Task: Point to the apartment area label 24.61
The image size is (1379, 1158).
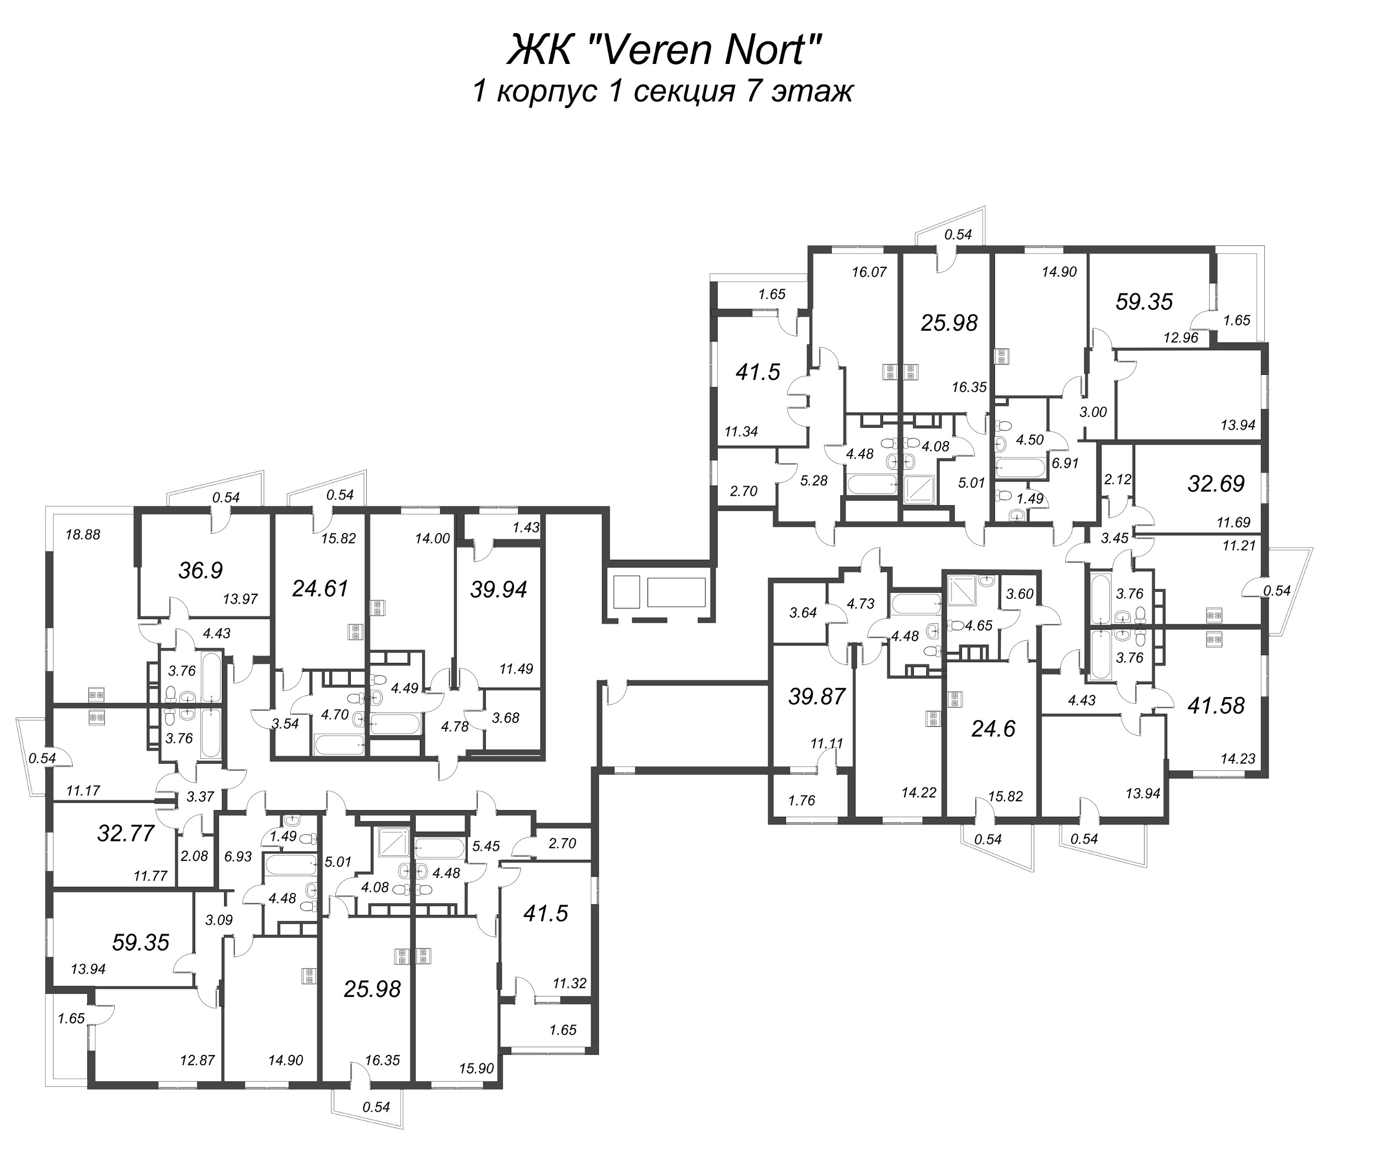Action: (x=320, y=588)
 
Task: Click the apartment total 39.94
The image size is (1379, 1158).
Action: (x=499, y=589)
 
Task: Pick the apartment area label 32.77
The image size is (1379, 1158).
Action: (x=126, y=833)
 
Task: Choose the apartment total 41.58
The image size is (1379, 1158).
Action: (x=1216, y=706)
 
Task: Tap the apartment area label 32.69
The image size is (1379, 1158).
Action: (x=1216, y=484)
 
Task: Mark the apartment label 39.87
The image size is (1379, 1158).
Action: (x=817, y=696)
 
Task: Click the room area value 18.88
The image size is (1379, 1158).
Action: (x=83, y=535)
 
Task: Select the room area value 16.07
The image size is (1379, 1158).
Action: (x=869, y=272)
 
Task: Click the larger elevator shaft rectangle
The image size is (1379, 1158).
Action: (x=676, y=592)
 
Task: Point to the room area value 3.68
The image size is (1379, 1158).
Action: (x=506, y=717)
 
